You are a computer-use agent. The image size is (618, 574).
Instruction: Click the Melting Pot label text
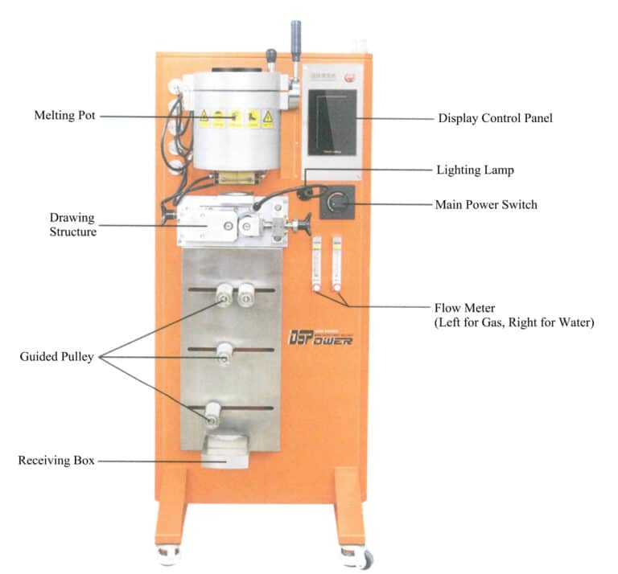64,116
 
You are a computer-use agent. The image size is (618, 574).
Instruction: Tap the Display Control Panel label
495,118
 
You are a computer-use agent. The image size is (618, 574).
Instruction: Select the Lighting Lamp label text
475,170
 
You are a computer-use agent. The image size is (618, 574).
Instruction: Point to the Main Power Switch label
486,205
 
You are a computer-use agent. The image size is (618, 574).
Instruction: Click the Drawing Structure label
72,225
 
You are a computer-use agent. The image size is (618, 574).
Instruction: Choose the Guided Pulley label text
56,357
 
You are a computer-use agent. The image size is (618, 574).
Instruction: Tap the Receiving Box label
56,461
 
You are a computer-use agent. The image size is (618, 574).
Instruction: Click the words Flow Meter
463,308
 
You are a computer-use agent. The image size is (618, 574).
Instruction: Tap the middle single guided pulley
225,351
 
